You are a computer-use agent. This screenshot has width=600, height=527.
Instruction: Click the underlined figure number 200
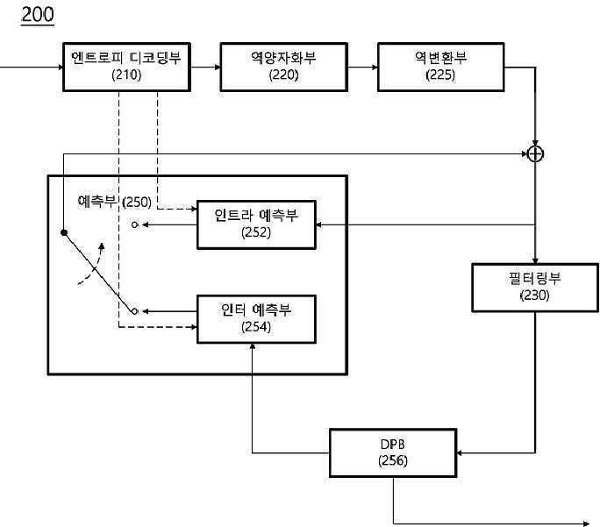(38, 15)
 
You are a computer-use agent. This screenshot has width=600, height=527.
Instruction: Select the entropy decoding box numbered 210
(126, 67)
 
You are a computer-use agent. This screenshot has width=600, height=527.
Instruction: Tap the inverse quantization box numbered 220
(284, 67)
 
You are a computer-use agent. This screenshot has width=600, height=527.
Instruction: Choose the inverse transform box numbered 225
(441, 67)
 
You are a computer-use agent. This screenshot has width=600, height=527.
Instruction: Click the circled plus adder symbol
(535, 154)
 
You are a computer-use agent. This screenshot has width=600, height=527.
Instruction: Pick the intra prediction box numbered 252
(256, 224)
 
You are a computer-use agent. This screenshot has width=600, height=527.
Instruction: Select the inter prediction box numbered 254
(256, 319)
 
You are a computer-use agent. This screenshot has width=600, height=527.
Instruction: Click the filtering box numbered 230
(535, 288)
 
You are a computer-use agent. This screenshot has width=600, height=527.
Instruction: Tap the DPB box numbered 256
(393, 452)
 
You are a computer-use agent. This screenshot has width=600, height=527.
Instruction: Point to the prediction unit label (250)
(114, 201)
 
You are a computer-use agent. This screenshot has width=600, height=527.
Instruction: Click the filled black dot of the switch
(64, 232)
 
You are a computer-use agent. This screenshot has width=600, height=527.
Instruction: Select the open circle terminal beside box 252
(135, 224)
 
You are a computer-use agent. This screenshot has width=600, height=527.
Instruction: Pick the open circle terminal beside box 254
(135, 311)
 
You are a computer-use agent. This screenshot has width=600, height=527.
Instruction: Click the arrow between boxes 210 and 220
(205, 68)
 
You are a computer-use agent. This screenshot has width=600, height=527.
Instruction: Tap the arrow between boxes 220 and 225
(363, 68)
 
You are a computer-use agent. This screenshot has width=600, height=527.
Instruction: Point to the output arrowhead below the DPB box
(586, 523)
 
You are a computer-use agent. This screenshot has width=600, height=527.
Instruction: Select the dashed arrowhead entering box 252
(194, 209)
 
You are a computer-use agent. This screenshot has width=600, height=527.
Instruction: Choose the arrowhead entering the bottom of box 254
(253, 346)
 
